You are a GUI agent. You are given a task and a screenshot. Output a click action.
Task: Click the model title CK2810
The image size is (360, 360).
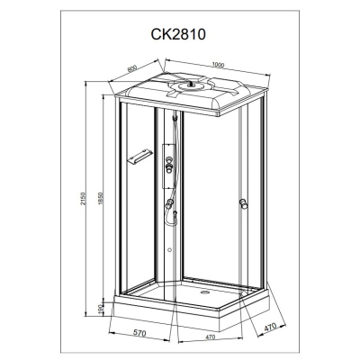pyautogui.click(x=178, y=34)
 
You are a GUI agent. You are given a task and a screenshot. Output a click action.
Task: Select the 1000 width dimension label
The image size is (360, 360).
pyautogui.click(x=218, y=65)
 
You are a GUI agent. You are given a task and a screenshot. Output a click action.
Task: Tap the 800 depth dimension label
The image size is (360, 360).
pyautogui.click(x=132, y=68)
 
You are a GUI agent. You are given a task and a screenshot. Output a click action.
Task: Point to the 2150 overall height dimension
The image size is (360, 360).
pyautogui.click(x=84, y=199)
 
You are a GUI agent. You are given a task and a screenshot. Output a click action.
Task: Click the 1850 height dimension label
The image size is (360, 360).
pyautogui.click(x=101, y=199)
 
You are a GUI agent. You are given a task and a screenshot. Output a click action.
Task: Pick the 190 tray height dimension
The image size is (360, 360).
pyautogui.click(x=101, y=309)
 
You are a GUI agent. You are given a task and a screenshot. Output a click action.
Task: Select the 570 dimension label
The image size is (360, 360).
pyautogui.click(x=139, y=333)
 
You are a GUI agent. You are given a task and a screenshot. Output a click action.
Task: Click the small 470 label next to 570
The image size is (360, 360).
pyautogui.click(x=211, y=337)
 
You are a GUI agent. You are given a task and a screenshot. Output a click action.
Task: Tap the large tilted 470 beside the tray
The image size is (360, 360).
pyautogui.click(x=270, y=328)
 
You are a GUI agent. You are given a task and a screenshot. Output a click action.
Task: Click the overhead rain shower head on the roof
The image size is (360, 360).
pyautogui.click(x=189, y=85)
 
